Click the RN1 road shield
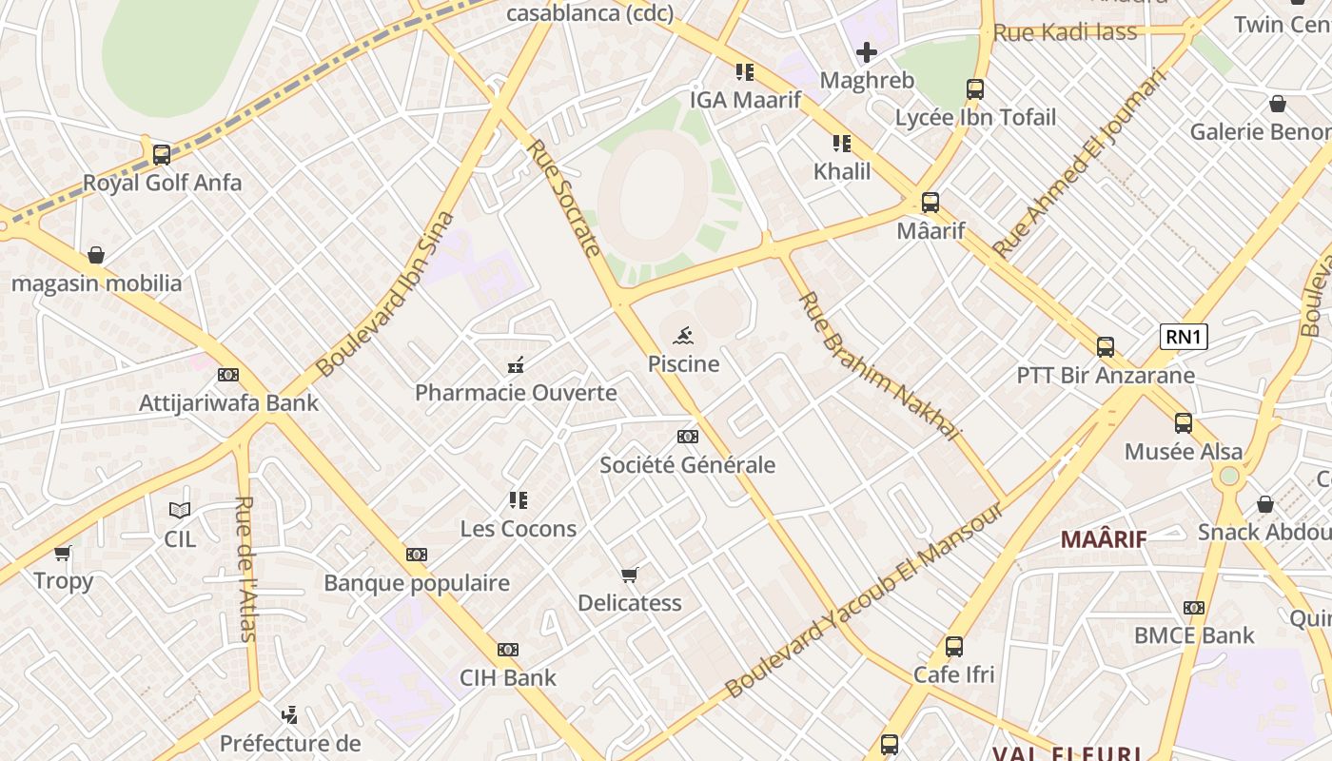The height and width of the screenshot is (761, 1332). tap(1184, 337)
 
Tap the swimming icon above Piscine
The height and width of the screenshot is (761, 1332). tap(683, 336)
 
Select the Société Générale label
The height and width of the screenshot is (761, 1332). tap(687, 465)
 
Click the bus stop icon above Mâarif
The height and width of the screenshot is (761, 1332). tap(930, 203)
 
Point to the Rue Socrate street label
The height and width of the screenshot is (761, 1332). tap(564, 198)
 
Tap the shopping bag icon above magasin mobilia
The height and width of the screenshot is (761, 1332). tap(96, 255)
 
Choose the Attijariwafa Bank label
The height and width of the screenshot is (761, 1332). tap(229, 402)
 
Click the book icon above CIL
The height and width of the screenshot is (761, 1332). tap(180, 510)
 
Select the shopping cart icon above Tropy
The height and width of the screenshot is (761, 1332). tap(63, 553)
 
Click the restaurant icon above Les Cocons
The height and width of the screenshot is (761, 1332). tap(518, 499)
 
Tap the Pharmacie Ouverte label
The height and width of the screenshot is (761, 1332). tap(516, 393)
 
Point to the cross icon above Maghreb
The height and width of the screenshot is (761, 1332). tap(866, 52)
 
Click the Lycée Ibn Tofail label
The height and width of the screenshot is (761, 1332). tap(975, 117)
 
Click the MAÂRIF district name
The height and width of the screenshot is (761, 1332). tap(1104, 539)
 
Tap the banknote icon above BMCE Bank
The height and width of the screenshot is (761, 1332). tap(1194, 607)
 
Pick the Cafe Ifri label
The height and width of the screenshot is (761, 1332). tap(953, 674)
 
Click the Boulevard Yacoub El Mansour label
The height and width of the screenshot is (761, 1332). tap(864, 601)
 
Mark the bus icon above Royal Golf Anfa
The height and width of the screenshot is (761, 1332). tap(162, 154)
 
